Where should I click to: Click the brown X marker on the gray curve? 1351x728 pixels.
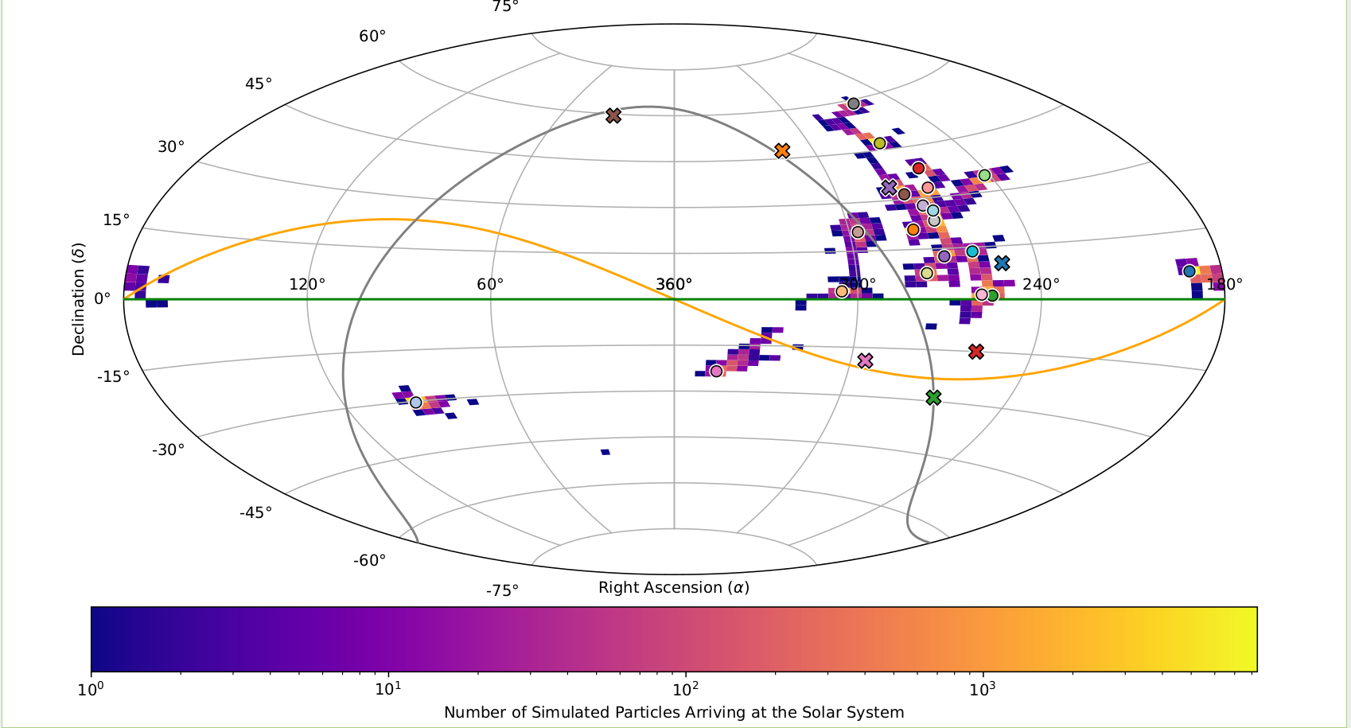613,115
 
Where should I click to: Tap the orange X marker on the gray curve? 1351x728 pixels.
782,150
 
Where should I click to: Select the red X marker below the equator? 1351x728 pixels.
976,351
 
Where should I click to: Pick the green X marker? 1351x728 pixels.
933,397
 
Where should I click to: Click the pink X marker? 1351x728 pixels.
866,360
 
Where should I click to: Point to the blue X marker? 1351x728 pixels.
1002,263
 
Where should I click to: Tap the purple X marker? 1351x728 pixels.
889,187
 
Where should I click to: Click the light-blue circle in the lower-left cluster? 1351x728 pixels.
415,402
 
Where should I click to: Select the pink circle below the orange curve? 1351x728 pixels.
716,371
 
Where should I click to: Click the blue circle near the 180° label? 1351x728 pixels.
1189,271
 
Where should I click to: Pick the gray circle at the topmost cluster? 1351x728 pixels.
853,103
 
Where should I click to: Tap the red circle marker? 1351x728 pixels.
918,168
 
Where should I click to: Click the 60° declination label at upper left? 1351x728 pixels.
372,37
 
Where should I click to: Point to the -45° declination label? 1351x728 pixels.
255,512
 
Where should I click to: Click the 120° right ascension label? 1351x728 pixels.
306,284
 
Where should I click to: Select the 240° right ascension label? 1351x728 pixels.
1041,284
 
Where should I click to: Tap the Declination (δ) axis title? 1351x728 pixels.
78,299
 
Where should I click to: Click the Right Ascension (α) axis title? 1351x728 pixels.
673,588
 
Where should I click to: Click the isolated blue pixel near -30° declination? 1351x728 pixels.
605,452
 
